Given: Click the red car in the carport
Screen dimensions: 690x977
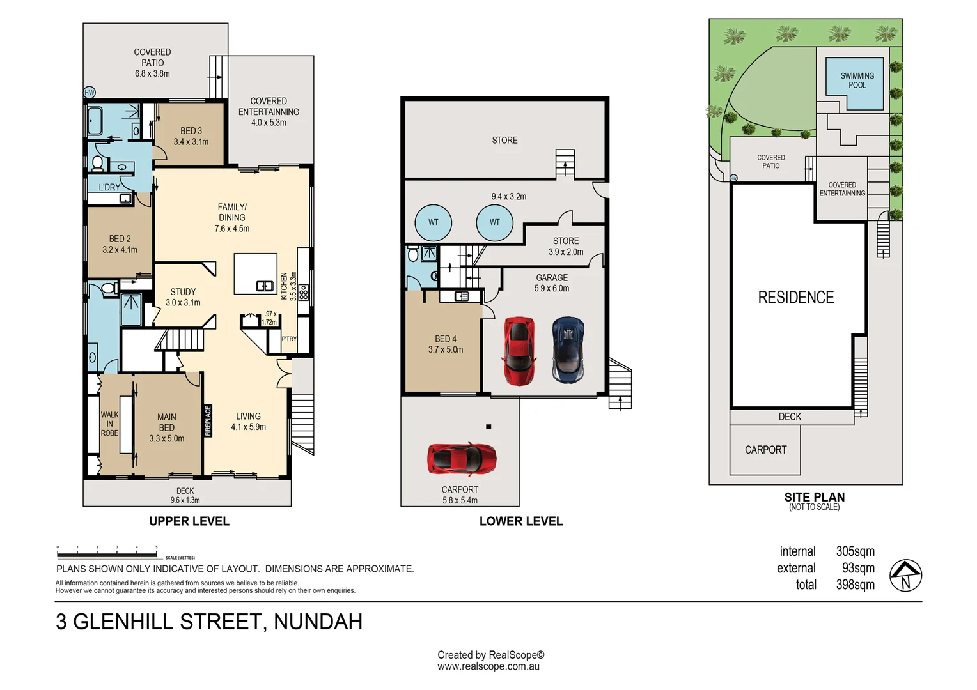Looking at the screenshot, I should pyautogui.click(x=462, y=459).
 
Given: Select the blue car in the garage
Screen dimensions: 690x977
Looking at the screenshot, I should pyautogui.click(x=568, y=350).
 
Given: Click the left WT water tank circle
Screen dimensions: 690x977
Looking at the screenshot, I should pyautogui.click(x=433, y=222).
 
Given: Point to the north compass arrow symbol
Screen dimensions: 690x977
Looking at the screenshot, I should pyautogui.click(x=905, y=575).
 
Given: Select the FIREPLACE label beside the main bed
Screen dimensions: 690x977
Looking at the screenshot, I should pyautogui.click(x=208, y=421).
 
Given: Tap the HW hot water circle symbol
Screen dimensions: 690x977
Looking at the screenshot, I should pyautogui.click(x=90, y=93).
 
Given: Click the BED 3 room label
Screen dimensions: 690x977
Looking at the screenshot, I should pyautogui.click(x=191, y=136).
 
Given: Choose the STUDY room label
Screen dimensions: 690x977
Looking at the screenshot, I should pyautogui.click(x=183, y=297).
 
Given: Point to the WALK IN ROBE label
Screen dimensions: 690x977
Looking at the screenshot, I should pyautogui.click(x=109, y=424).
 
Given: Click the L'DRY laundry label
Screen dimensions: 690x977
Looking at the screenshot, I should pyautogui.click(x=109, y=187).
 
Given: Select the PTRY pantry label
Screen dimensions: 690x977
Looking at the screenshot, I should pyautogui.click(x=289, y=339).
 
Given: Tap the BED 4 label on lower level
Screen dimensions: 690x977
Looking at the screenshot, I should pyautogui.click(x=446, y=344).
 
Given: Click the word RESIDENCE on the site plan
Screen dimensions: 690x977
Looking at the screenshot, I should pyautogui.click(x=795, y=297).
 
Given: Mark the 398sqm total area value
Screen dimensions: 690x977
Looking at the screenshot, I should pyautogui.click(x=855, y=585).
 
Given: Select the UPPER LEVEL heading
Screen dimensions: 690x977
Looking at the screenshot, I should pyautogui.click(x=189, y=521).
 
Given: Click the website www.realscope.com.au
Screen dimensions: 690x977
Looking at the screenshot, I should pyautogui.click(x=488, y=666).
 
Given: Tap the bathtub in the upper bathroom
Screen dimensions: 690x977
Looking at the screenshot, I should pyautogui.click(x=95, y=121).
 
